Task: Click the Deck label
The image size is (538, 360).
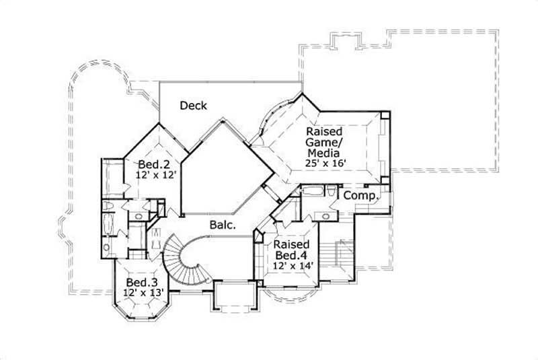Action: [x=193, y=106]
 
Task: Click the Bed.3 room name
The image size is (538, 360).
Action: [x=141, y=282]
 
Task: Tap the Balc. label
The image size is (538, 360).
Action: [x=222, y=226]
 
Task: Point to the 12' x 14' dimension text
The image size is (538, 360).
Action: [x=291, y=266]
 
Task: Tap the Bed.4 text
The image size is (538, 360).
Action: [x=291, y=256]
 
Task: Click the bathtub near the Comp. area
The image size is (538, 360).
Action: [x=313, y=192]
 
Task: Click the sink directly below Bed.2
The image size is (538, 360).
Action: [x=139, y=216]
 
